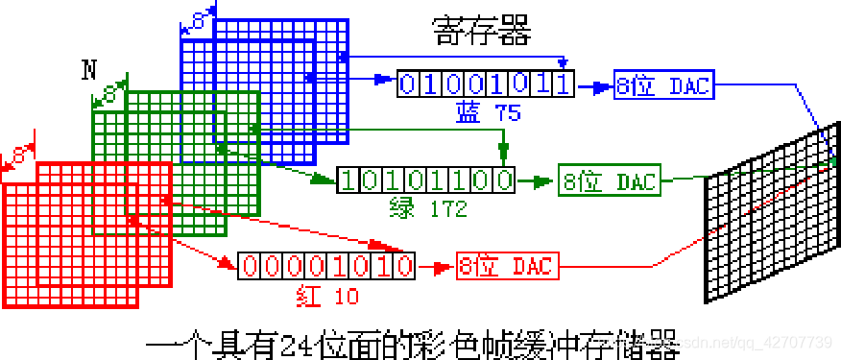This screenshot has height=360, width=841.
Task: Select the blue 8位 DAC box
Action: pos(663,86)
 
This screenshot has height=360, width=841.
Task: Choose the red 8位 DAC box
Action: pos(507,265)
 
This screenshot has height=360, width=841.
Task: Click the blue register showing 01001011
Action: pos(485,84)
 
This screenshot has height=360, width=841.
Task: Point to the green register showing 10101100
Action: pos(425,180)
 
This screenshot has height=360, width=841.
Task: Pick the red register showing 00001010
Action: pos(326,265)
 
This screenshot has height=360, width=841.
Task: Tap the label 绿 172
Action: pos(427,206)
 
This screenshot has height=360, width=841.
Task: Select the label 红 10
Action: pos(326,295)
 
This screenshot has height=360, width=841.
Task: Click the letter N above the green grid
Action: pos(89,69)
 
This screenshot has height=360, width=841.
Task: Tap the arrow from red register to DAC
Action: pos(436,265)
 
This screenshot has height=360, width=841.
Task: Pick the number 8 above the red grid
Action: pos(20,154)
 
